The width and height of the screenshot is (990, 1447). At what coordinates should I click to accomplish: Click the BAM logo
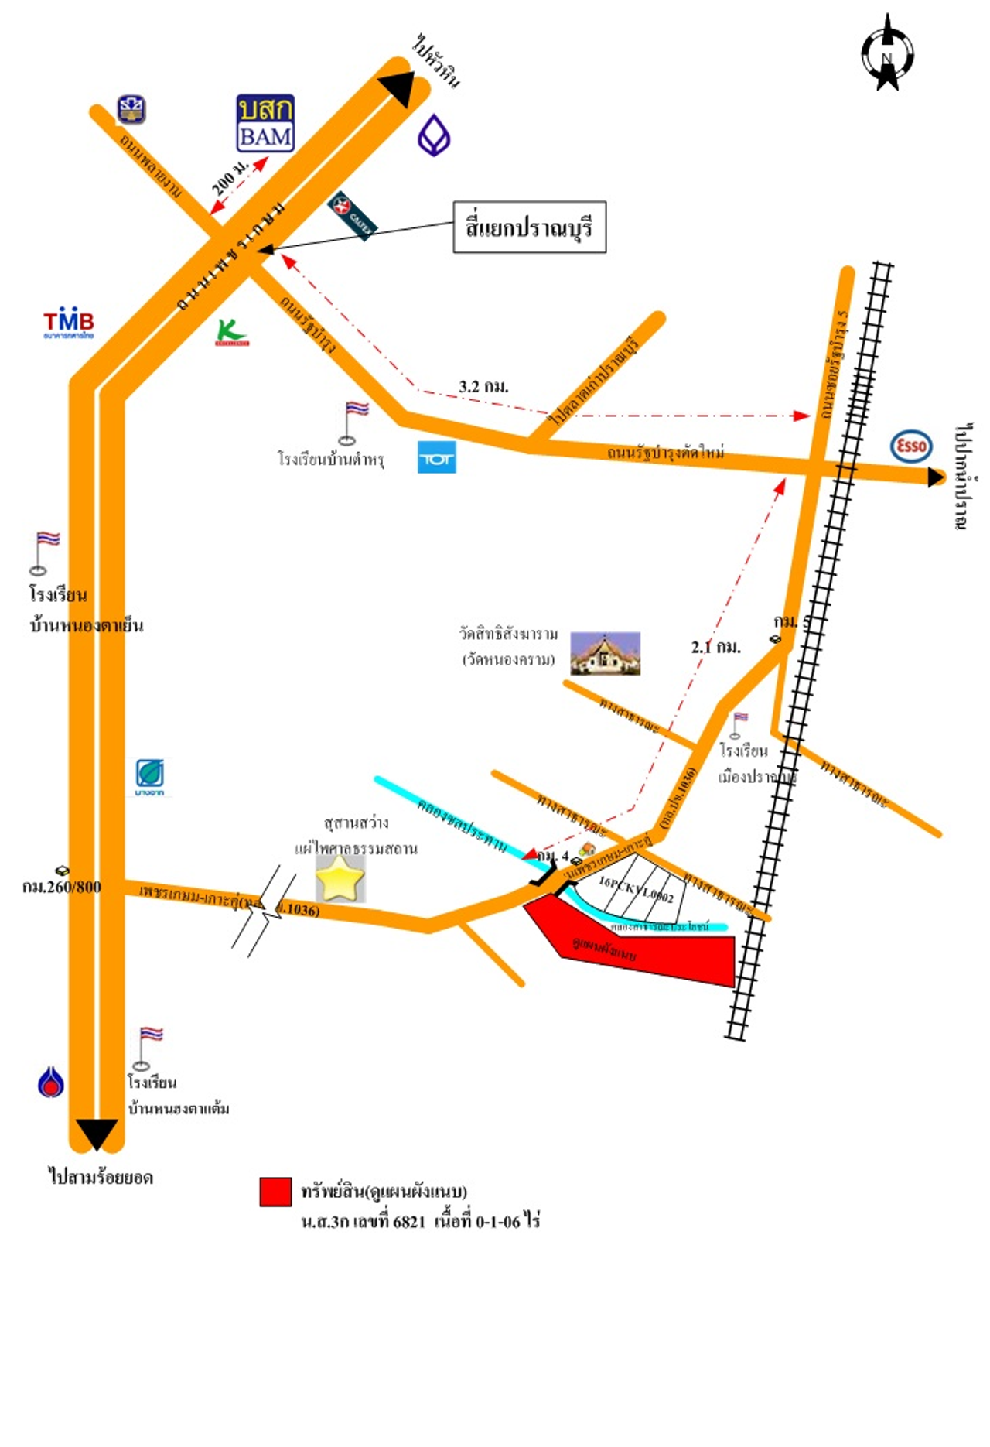[x=265, y=123]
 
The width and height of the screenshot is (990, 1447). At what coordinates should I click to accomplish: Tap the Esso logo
[x=911, y=446]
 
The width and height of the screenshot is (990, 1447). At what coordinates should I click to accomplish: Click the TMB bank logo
[x=68, y=323]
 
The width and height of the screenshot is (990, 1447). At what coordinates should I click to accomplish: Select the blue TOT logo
[x=436, y=457]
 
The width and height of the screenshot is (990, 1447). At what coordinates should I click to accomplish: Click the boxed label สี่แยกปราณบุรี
[x=529, y=227]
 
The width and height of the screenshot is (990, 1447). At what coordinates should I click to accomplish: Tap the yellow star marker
[x=340, y=878]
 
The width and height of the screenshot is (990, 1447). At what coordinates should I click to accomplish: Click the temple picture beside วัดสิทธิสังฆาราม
[x=605, y=653]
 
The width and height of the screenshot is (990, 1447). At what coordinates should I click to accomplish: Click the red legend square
[x=275, y=1192]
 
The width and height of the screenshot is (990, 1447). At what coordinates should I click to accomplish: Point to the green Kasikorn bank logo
[x=231, y=333]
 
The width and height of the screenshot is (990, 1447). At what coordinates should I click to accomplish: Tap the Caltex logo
[x=352, y=215]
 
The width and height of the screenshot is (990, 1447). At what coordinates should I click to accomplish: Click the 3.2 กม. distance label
[x=483, y=386]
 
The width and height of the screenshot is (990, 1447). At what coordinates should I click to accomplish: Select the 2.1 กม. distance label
[x=715, y=647]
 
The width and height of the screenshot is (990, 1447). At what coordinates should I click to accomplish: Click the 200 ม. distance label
[x=230, y=177]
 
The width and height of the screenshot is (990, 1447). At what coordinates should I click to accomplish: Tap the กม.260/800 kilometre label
[x=62, y=887]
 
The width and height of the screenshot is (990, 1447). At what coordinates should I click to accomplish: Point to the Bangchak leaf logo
[x=149, y=776]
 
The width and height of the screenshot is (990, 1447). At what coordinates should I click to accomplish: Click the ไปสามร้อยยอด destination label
[x=101, y=1177]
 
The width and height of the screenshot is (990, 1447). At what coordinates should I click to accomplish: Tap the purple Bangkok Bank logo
[x=434, y=135]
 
